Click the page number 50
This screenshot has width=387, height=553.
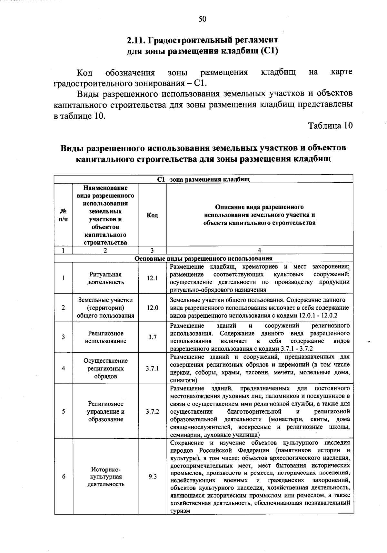pyautogui.click(x=202, y=19)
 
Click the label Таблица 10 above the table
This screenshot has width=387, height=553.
pyautogui.click(x=331, y=126)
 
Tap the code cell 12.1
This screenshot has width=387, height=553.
pyautogui.click(x=152, y=278)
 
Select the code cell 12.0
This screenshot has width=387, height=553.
pyautogui.click(x=152, y=308)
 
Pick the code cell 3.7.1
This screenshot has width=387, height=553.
pyautogui.click(x=152, y=368)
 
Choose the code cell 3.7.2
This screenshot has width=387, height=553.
pyautogui.click(x=152, y=412)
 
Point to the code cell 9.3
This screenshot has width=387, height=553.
pyautogui.click(x=152, y=477)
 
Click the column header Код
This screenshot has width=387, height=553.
pyautogui.click(x=152, y=215)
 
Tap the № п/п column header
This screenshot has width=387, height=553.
pyautogui.click(x=64, y=215)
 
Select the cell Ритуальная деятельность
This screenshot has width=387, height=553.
pyautogui.click(x=105, y=278)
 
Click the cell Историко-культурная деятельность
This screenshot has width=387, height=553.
pyautogui.click(x=105, y=477)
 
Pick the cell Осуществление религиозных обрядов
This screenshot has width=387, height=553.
pyautogui.click(x=105, y=368)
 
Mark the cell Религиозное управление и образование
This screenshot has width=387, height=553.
pyautogui.click(x=105, y=412)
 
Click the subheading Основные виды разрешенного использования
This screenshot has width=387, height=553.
pyautogui.click(x=203, y=258)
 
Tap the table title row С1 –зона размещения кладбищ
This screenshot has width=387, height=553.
pyautogui.click(x=203, y=179)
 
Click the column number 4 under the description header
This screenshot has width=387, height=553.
pyautogui.click(x=260, y=250)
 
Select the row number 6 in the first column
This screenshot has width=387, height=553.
pyautogui.click(x=64, y=477)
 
